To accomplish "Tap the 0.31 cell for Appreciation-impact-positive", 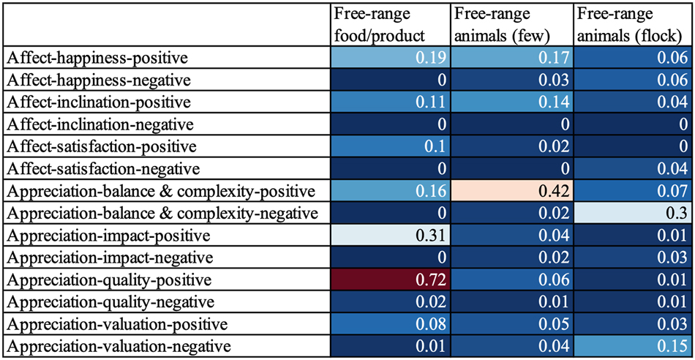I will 388,235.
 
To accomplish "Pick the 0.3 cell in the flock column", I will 633,213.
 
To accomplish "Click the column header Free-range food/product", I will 372,23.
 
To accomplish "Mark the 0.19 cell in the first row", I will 388,57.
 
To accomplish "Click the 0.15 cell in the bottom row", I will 633,345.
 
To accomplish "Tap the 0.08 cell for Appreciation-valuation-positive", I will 388,323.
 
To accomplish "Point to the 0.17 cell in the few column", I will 511,57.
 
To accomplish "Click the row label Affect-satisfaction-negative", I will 102,168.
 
